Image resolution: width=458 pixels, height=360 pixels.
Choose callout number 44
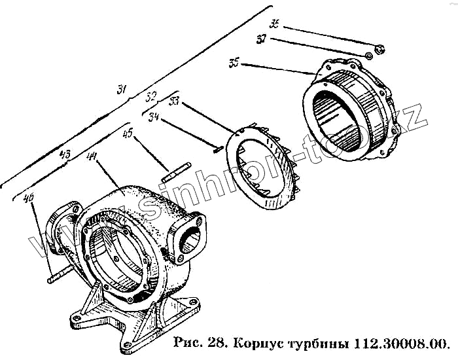tap(92, 156)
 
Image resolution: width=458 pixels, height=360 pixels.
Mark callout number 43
tap(65, 155)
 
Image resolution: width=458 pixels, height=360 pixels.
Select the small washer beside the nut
tap(368, 57)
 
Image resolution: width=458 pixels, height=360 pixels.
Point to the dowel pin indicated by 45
tap(176, 173)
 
